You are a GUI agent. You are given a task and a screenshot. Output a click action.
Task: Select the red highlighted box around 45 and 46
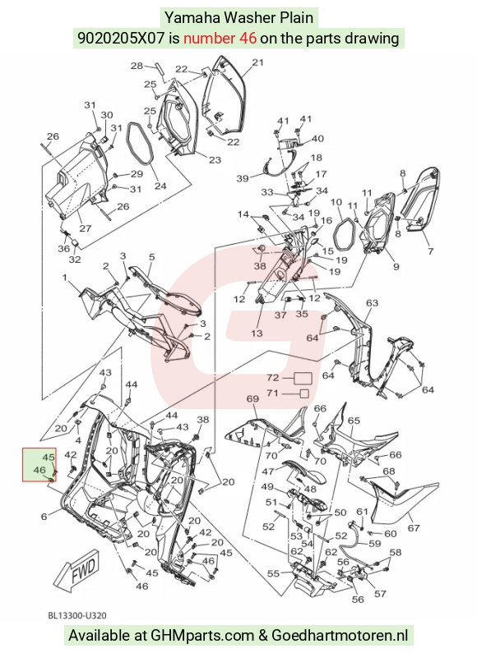click(39, 465)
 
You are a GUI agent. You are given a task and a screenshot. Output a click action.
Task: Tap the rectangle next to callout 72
click(303, 378)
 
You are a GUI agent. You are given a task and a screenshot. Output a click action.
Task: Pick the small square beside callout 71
click(304, 393)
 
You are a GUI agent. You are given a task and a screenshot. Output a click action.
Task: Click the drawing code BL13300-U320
click(77, 615)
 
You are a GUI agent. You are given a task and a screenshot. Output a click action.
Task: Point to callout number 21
click(258, 62)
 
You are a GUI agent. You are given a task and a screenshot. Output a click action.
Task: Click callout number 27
click(85, 228)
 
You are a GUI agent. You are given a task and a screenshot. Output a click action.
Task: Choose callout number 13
click(257, 333)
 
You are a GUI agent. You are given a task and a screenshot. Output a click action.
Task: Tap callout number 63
click(372, 302)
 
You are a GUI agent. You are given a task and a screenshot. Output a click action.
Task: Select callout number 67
click(413, 528)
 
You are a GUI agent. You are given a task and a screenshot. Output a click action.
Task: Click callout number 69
click(252, 398)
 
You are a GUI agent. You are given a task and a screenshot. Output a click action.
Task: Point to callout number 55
click(273, 574)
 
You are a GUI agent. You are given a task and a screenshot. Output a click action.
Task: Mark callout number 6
click(44, 517)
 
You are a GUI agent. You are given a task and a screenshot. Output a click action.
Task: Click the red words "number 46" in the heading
click(220, 39)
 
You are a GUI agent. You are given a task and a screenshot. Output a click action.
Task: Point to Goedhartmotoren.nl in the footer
click(340, 636)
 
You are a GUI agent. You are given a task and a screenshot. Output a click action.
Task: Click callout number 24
click(160, 186)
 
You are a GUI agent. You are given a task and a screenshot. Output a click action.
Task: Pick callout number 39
click(243, 178)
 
